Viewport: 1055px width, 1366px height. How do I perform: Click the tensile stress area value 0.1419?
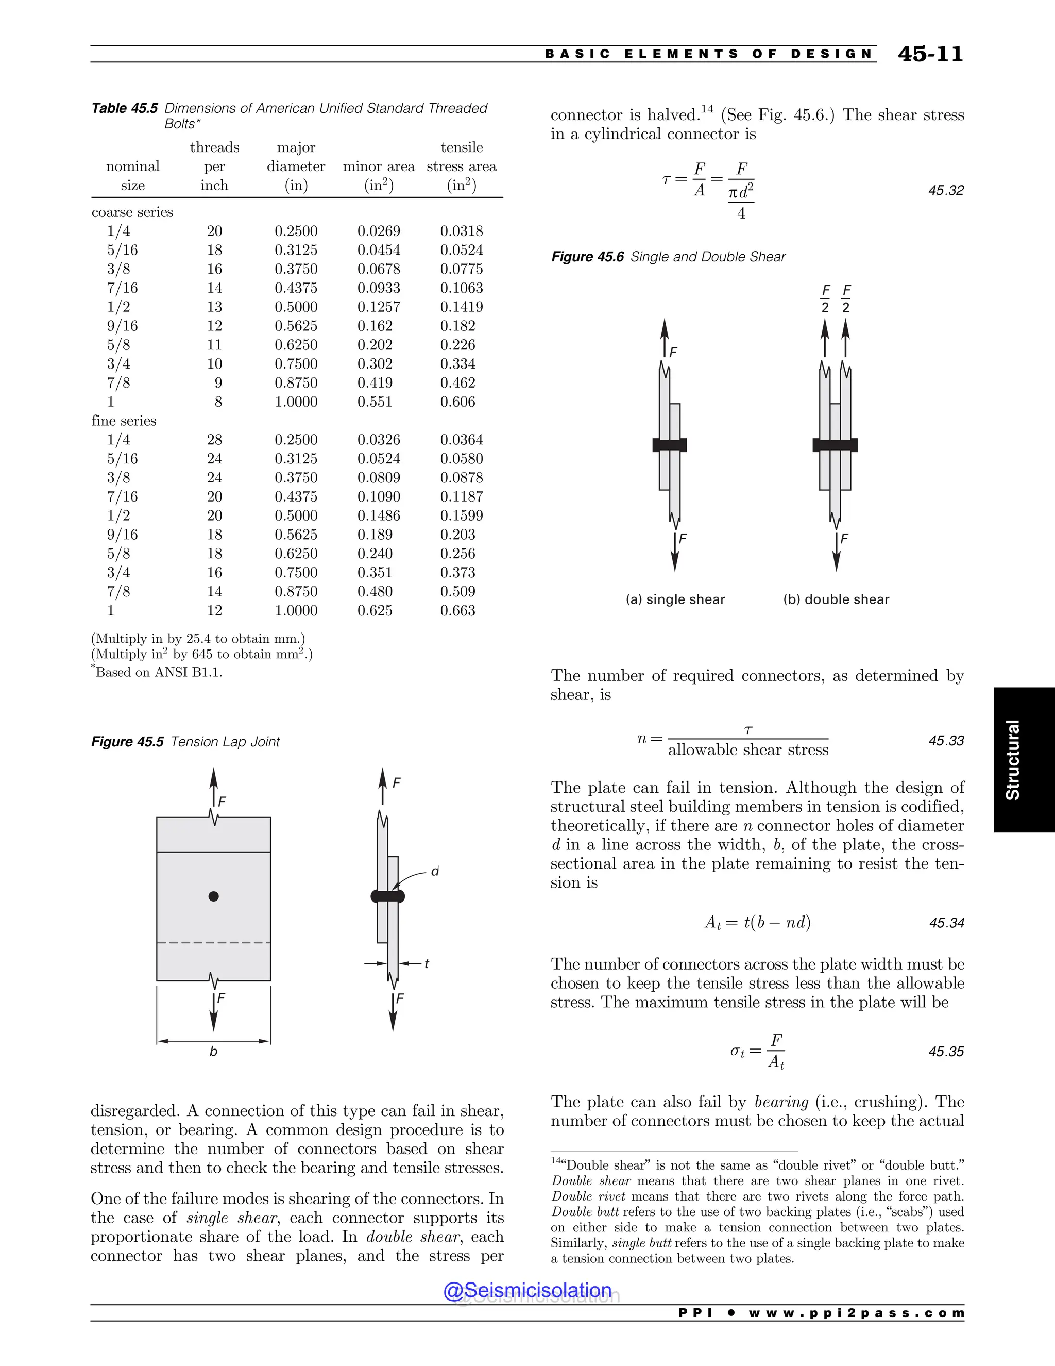pos(461,307)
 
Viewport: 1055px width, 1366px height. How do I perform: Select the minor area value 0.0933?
pos(379,288)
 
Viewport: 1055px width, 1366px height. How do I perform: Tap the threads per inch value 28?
pos(214,440)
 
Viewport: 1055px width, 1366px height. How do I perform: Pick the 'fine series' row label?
pos(124,421)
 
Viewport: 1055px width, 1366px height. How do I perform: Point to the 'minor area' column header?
pos(379,166)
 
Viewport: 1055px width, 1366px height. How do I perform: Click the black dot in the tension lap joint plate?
pos(214,896)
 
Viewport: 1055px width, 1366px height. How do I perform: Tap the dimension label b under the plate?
pos(213,1052)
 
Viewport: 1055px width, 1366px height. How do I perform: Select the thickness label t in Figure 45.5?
pos(427,964)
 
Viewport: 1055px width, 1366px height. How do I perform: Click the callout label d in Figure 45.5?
pos(435,871)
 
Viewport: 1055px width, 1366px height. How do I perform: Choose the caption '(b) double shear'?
pos(836,599)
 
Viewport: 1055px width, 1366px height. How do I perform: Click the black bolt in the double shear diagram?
pos(835,445)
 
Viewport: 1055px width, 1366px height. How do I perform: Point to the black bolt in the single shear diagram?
pos(669,445)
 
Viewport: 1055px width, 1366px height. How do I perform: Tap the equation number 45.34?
pos(946,923)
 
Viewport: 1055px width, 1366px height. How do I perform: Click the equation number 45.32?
pos(946,190)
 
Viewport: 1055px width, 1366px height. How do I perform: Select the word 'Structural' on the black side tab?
pos(1012,759)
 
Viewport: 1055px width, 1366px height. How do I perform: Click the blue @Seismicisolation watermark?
pos(527,1290)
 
